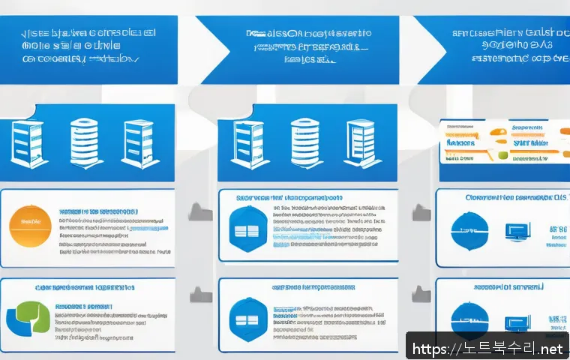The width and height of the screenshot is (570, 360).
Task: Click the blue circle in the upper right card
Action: [469, 229]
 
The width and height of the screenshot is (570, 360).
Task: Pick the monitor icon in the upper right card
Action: [517, 231]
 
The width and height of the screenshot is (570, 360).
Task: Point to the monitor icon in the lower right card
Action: [517, 319]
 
